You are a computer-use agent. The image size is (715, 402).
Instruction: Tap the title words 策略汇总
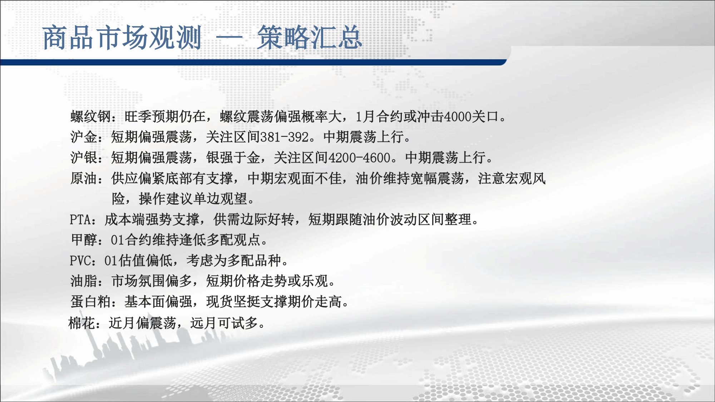point(310,38)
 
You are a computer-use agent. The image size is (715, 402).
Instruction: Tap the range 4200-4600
point(359,158)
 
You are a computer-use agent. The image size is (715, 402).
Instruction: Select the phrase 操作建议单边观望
point(193,199)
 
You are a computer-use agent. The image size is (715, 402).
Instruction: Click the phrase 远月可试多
point(224,323)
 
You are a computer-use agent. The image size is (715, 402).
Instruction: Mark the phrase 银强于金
point(233,158)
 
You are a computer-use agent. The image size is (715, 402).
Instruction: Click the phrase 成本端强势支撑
point(152,219)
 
